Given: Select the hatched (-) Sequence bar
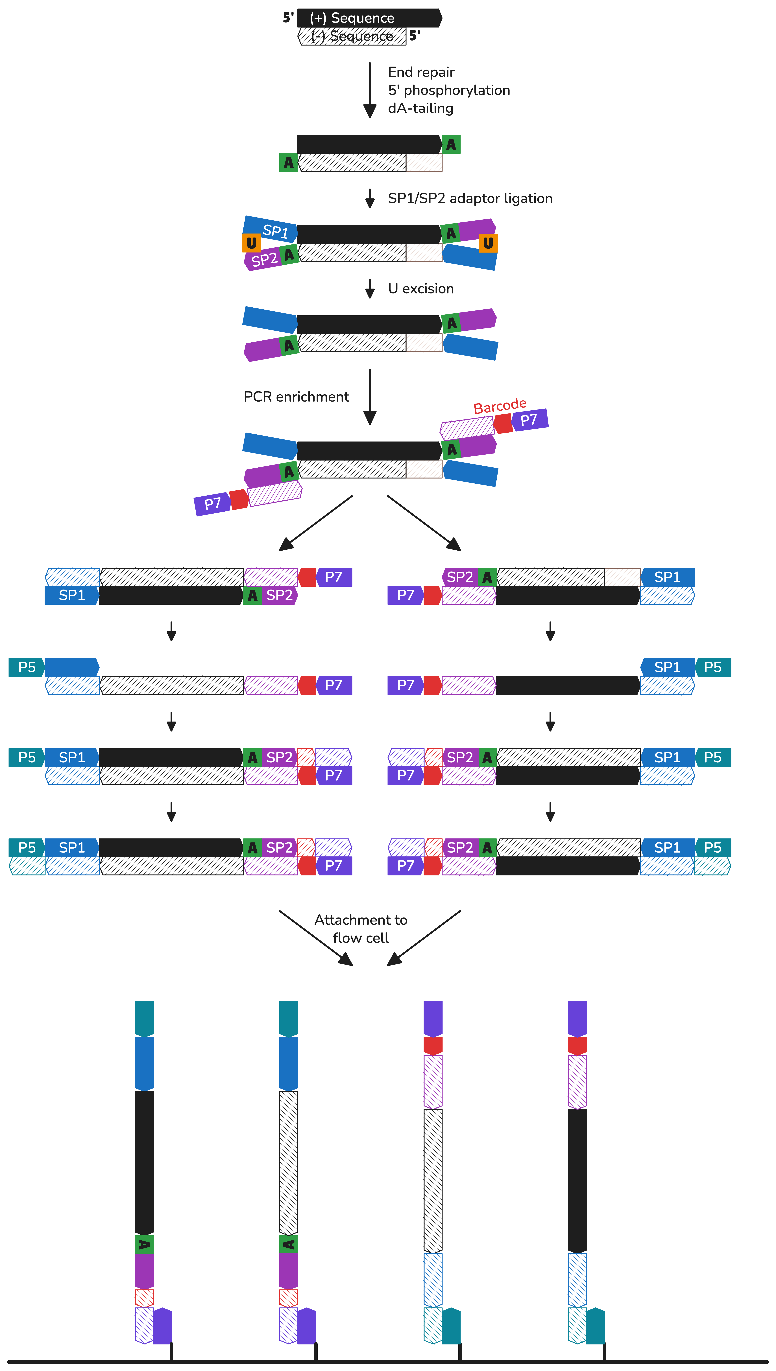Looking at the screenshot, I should tap(352, 36).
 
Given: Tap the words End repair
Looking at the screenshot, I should tap(421, 72).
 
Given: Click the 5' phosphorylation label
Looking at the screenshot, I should tap(449, 90).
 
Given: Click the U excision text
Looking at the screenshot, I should tap(421, 289).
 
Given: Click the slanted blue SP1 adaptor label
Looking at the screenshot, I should tap(275, 231).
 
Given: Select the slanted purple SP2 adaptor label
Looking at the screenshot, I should tap(264, 260).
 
